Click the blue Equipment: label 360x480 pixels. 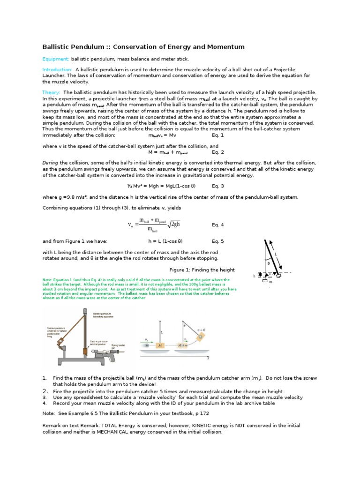point(56,59)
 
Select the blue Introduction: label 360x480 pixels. point(57,69)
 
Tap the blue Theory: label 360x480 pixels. point(52,92)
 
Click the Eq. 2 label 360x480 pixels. point(218,152)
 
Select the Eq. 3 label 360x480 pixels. point(218,186)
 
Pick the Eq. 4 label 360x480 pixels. point(218,225)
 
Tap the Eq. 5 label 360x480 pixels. point(218,241)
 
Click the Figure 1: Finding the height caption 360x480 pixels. point(202,270)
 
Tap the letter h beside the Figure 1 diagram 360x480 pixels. point(254,276)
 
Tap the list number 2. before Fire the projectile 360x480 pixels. point(45,391)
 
